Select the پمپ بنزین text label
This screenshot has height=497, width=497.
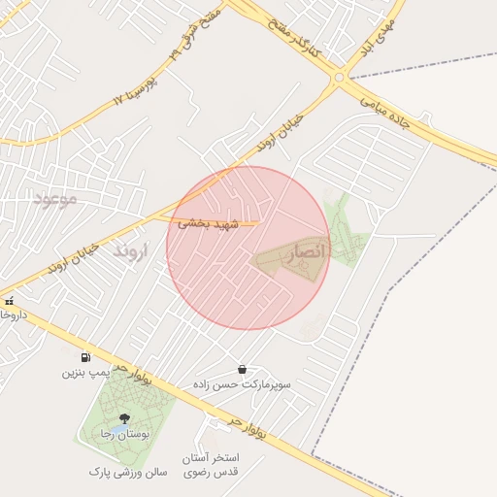[x=86, y=372]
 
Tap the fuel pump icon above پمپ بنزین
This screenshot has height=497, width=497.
[x=86, y=356]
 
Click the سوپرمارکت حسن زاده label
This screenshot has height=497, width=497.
[x=242, y=385]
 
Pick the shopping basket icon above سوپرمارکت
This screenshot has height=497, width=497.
[x=242, y=370]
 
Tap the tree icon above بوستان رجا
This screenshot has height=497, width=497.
[x=123, y=418]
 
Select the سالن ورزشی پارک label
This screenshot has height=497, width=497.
[x=128, y=472]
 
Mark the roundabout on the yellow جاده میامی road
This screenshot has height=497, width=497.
[x=339, y=77]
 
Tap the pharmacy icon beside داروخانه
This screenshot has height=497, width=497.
[x=10, y=302]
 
